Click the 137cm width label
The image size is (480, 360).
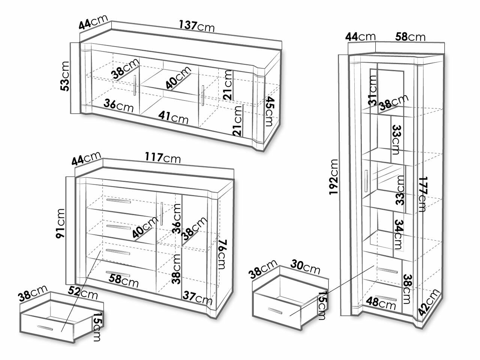197,26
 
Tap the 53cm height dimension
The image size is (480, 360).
65,76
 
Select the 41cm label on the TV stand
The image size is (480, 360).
173,118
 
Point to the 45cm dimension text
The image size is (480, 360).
270,111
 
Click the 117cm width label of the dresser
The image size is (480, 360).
163,157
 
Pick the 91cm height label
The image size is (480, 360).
60,223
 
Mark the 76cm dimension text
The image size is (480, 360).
223,255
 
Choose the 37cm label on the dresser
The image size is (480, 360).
198,298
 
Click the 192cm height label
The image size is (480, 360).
334,177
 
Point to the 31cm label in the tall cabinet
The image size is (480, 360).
372,90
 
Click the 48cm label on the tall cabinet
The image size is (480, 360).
381,303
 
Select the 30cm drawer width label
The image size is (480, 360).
305,267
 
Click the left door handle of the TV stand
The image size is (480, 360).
135,85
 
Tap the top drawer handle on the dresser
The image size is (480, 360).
118,201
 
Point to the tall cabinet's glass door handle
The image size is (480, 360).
366,181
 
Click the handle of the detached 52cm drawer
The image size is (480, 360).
45,328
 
